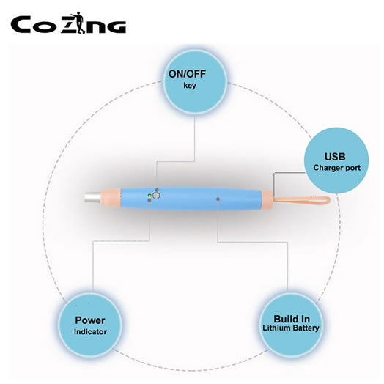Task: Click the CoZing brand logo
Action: [68, 23]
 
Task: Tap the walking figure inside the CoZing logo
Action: [78, 23]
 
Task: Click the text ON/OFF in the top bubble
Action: [187, 74]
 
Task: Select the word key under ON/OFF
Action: [190, 86]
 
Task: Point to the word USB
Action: [335, 157]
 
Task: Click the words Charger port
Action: [337, 168]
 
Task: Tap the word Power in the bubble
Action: [90, 320]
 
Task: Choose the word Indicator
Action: [90, 331]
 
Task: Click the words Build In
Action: [292, 319]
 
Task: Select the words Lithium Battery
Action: [291, 328]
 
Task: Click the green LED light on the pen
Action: [149, 196]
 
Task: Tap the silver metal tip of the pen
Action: [92, 198]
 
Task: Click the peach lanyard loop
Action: [303, 201]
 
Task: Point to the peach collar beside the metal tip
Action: [111, 198]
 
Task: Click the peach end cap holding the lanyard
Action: [267, 200]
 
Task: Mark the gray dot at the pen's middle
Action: [218, 199]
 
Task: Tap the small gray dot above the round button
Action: [157, 190]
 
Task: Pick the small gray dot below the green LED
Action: [149, 200]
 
